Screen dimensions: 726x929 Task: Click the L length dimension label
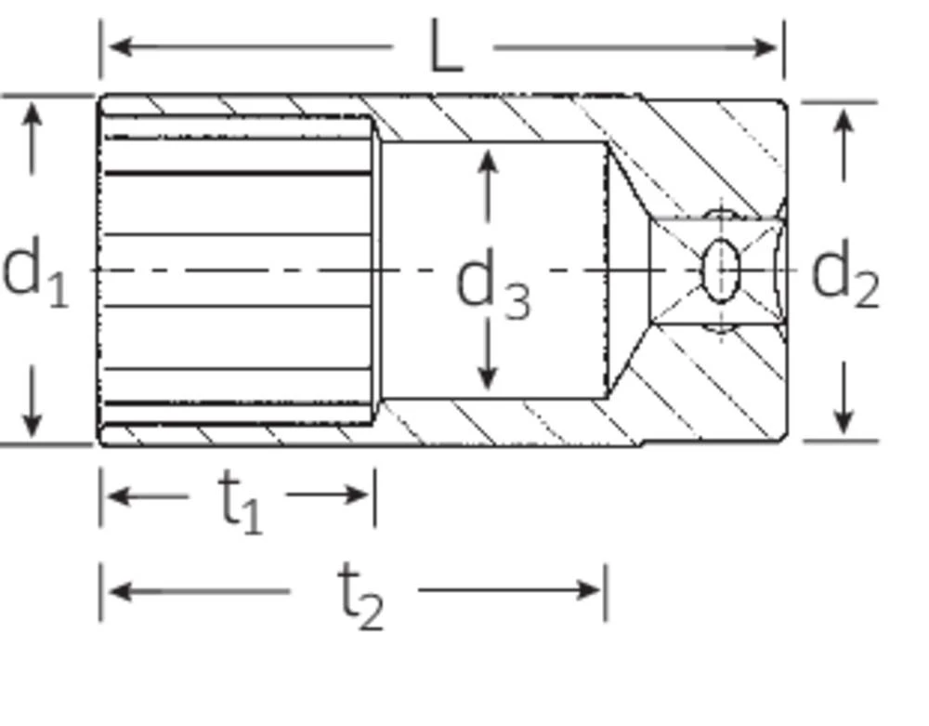click(x=446, y=48)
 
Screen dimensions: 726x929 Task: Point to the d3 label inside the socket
click(x=492, y=286)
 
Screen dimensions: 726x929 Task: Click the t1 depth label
click(x=240, y=500)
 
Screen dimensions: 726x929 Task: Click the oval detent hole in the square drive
click(x=721, y=271)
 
